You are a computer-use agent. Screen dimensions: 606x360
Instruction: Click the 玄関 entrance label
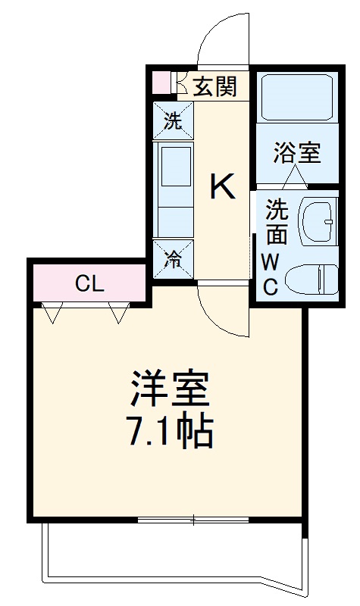click(214, 86)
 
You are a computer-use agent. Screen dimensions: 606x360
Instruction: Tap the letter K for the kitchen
click(223, 186)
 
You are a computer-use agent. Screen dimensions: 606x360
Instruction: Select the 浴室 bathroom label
click(296, 152)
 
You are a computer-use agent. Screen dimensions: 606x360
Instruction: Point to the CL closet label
click(89, 285)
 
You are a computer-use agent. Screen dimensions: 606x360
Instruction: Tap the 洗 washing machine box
click(174, 121)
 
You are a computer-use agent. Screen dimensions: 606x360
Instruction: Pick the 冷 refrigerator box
click(174, 260)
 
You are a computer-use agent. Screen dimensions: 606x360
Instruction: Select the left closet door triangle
click(52, 312)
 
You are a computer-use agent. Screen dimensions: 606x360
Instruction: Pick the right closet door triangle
click(119, 312)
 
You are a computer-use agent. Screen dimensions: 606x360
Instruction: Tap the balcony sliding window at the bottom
click(193, 520)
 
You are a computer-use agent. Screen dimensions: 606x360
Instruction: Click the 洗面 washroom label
click(277, 220)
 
